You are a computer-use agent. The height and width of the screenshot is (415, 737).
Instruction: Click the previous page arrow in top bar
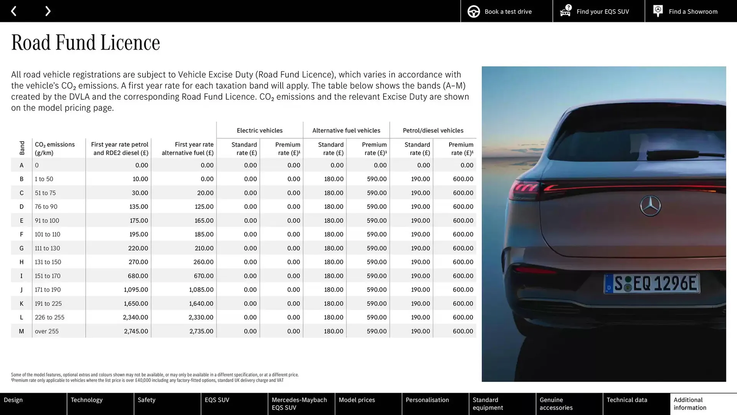coord(14,11)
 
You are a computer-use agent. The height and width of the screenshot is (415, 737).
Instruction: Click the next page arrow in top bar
coord(48,11)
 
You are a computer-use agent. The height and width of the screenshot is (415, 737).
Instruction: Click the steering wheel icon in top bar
coord(474,12)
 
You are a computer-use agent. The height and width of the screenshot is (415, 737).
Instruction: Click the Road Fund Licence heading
coord(86,42)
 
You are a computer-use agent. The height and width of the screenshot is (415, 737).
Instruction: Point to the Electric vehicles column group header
coord(259,131)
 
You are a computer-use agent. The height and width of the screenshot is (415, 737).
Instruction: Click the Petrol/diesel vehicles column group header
coord(433,131)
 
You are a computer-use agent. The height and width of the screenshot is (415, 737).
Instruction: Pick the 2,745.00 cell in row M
coord(136,331)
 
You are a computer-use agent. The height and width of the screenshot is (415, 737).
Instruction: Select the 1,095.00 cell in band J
coord(136,290)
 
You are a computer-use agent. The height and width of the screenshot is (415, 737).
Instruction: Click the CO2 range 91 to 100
coord(47,221)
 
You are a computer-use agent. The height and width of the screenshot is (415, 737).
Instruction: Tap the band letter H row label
coord(21,262)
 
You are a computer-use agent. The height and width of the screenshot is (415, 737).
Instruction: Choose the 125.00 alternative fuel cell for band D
coord(204,207)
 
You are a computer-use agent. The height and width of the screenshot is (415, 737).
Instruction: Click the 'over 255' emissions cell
coord(47,331)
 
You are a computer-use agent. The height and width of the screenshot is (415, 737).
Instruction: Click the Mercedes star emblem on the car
coord(650,206)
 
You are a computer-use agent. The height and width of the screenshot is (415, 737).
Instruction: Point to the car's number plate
coord(652,284)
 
